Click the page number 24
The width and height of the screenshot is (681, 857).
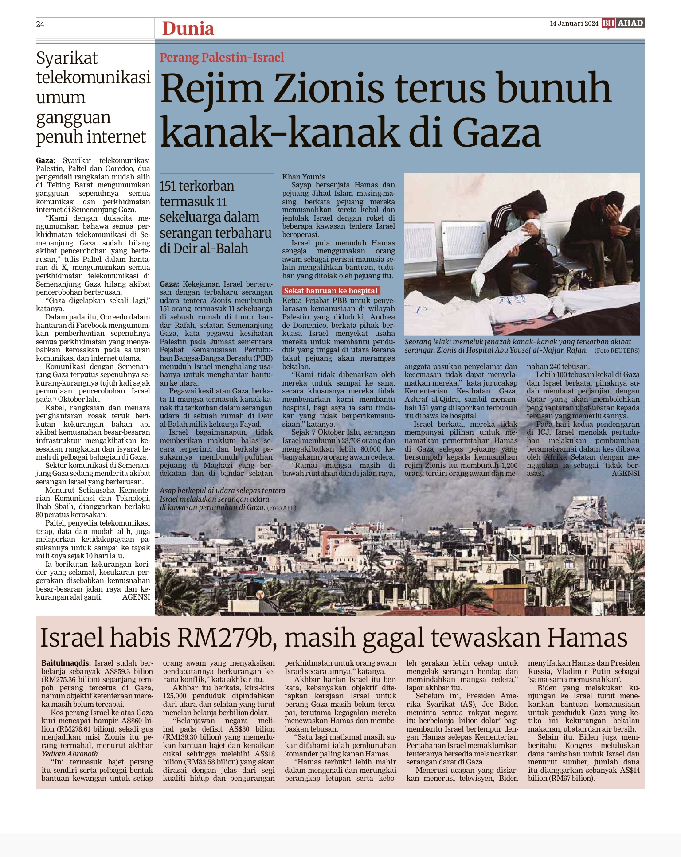[40, 24]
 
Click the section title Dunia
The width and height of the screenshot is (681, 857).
[188, 29]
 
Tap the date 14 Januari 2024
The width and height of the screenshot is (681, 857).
[574, 23]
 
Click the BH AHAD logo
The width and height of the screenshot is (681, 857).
[623, 23]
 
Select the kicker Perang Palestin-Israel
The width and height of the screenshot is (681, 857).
[222, 58]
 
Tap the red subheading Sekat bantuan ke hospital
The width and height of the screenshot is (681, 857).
[331, 291]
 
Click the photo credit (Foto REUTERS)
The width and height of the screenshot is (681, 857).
[617, 351]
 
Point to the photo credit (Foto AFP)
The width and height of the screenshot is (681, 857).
[282, 508]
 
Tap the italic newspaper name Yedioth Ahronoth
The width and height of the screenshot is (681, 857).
[70, 754]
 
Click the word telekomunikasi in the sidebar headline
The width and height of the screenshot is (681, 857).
[94, 78]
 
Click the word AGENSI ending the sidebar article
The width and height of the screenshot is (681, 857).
[136, 597]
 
